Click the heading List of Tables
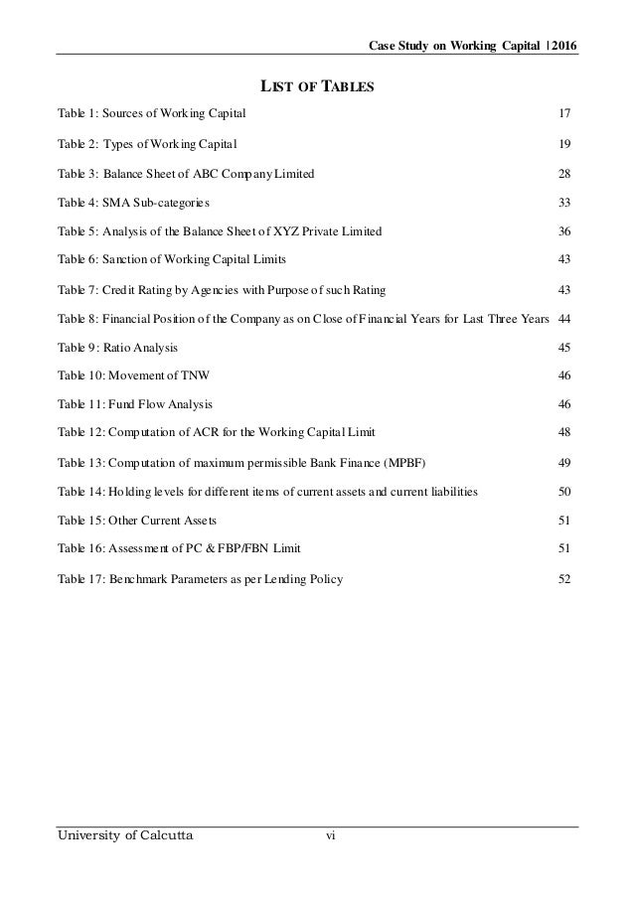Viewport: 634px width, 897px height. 316,85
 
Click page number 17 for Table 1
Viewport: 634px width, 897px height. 564,116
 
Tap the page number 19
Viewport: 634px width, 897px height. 564,145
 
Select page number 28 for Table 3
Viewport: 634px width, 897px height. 564,174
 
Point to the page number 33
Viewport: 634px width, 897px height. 564,203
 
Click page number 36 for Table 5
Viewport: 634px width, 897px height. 564,231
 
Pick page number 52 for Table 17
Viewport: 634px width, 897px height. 564,578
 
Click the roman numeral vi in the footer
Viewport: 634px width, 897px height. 331,837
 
